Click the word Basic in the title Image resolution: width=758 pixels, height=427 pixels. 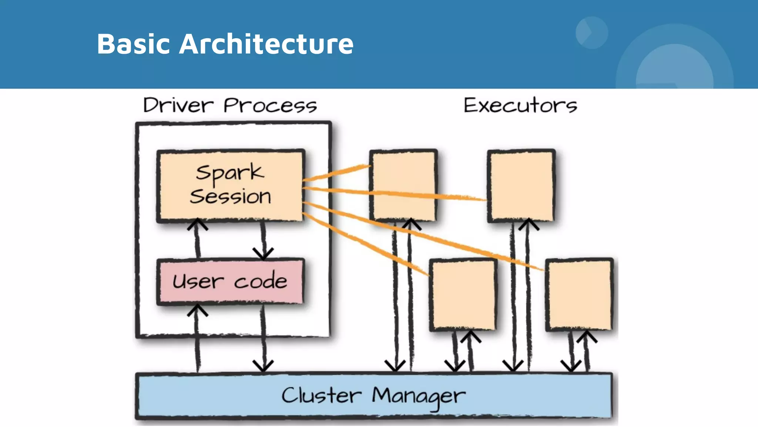[133, 44]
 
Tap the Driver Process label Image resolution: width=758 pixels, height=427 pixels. [230, 105]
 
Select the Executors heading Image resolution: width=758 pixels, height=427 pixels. [520, 105]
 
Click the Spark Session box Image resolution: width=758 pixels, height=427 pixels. [231, 185]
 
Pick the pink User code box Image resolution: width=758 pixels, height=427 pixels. [231, 281]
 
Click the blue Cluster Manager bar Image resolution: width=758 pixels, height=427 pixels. [374, 396]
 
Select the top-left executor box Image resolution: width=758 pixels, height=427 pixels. [403, 185]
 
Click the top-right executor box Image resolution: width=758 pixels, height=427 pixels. [521, 185]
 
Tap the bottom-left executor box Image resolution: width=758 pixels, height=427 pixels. [463, 295]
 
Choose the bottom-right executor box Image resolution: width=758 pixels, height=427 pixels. [580, 295]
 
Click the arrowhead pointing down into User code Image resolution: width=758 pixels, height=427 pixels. [263, 254]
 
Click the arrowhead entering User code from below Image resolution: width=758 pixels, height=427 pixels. [197, 310]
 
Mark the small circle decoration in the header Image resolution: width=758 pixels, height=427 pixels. [591, 33]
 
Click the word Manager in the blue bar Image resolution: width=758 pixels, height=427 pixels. [418, 396]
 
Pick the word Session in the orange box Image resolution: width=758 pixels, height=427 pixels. [231, 196]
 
